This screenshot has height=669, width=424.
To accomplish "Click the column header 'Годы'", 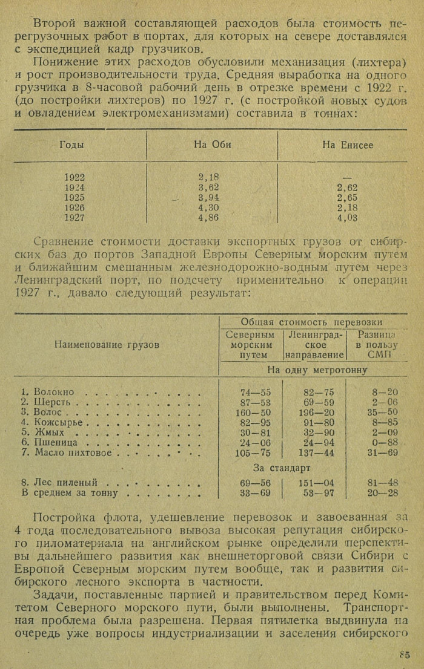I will (72, 145).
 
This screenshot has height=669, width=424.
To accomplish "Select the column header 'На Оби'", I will (213, 145).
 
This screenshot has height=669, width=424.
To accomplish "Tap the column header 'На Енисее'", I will (348, 145).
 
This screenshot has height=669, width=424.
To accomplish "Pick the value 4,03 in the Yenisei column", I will (348, 218).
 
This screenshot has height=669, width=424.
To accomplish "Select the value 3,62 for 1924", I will (208, 188).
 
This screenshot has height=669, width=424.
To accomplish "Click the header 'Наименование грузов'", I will (107, 344).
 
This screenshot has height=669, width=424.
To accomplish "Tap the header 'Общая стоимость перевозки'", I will (311, 322).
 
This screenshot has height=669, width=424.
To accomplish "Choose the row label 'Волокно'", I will (54, 392).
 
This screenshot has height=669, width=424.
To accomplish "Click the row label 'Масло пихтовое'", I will (73, 453).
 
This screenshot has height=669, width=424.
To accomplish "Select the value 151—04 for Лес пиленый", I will (319, 483).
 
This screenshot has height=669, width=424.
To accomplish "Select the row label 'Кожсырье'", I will (59, 422).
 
